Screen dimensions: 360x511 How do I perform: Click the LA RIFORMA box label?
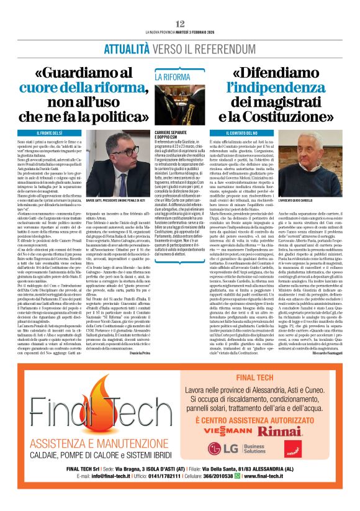tap(173, 77)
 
